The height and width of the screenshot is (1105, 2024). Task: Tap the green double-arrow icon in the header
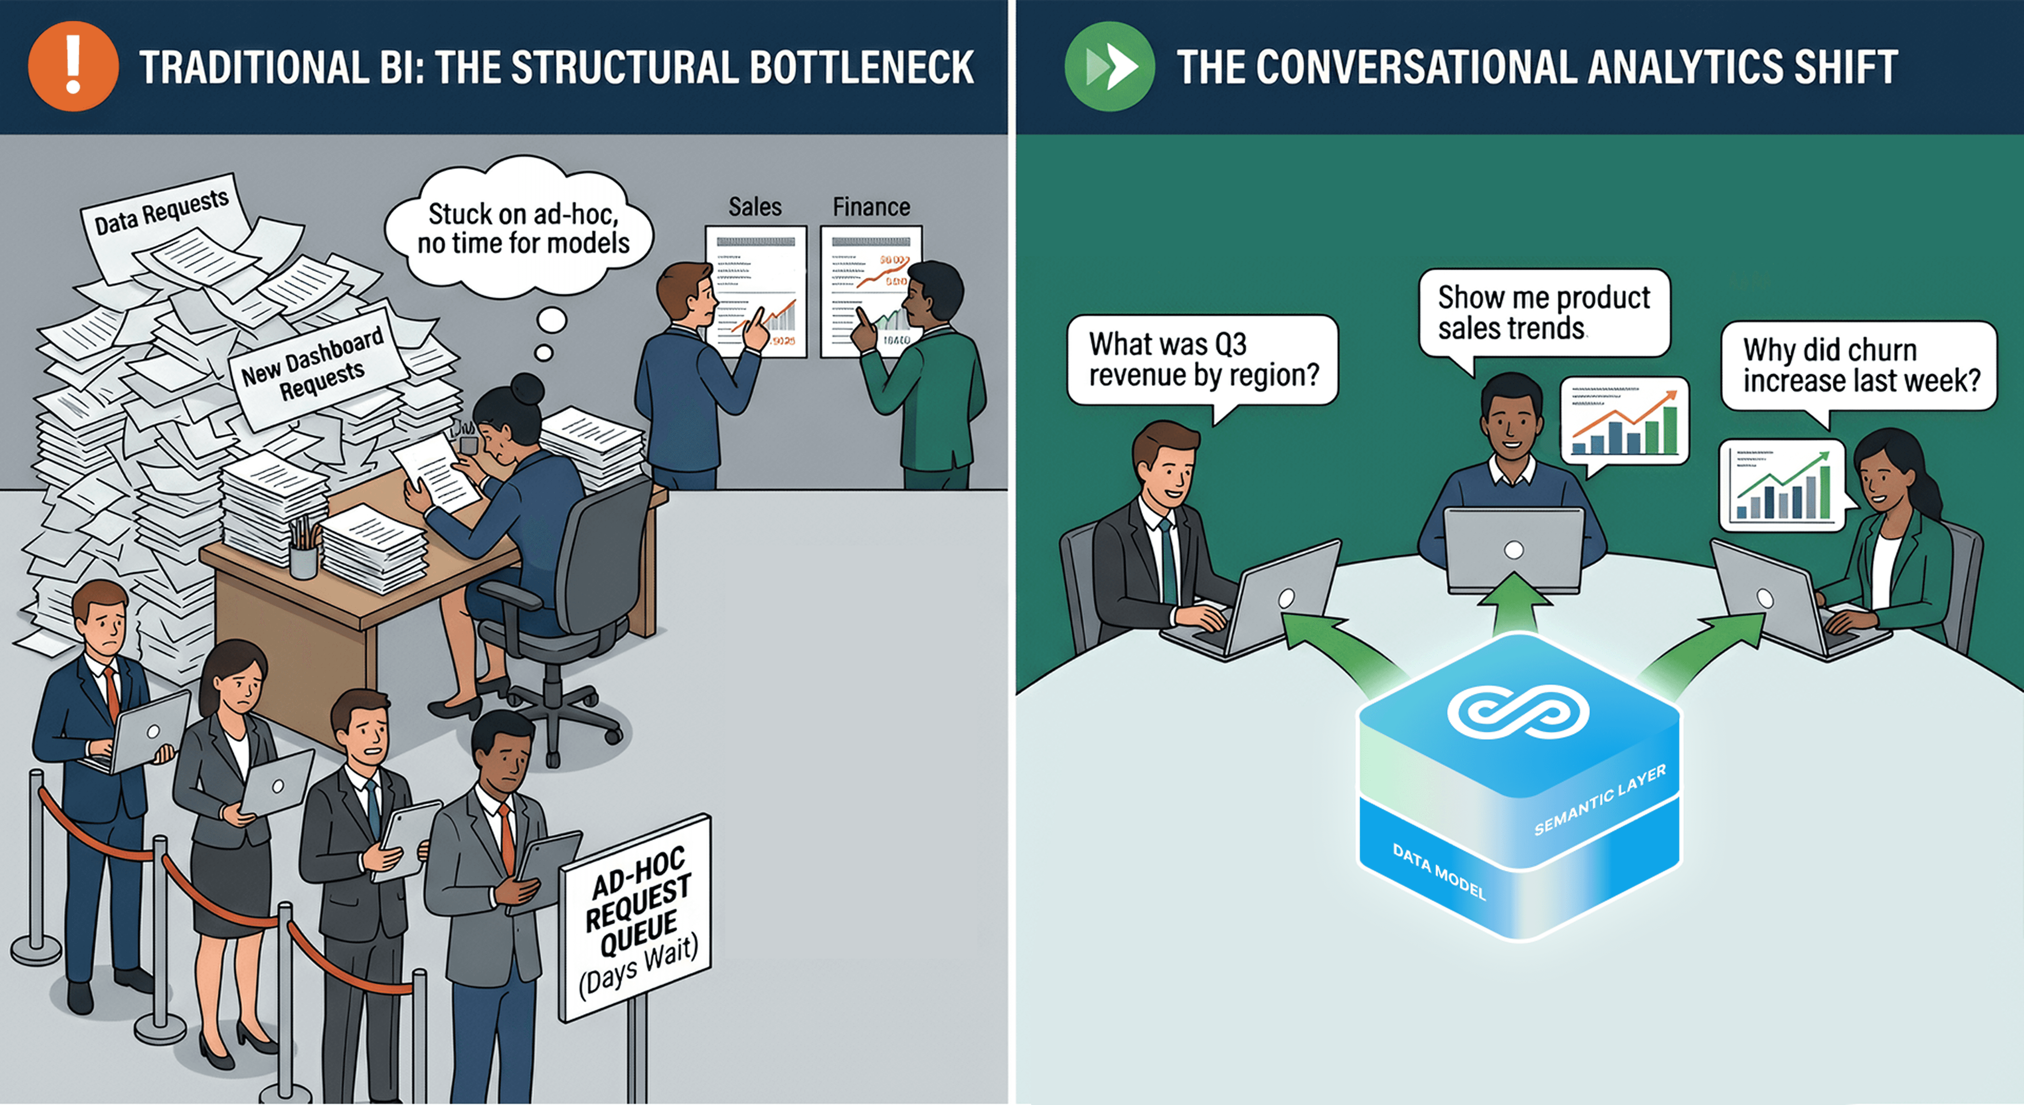click(1109, 67)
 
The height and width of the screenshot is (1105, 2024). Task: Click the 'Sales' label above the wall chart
click(754, 206)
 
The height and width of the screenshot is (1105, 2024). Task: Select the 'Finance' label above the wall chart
click(871, 206)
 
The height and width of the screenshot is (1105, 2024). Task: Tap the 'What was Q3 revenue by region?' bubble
click(1202, 360)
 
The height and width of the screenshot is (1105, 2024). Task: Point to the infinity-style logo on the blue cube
click(1518, 712)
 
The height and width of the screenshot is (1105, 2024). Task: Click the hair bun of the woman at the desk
click(526, 389)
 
